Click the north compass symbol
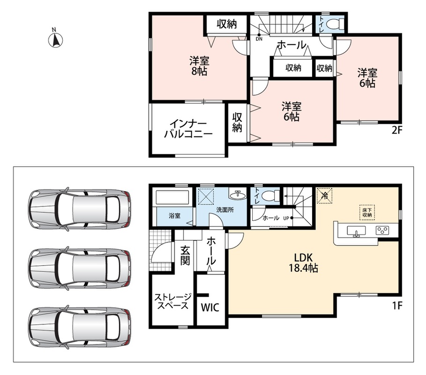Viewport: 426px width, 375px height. point(55,40)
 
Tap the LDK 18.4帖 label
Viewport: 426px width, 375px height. point(303,262)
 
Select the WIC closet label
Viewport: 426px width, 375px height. point(210,307)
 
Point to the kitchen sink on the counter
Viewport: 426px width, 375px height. point(356,232)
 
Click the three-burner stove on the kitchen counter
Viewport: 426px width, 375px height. point(382,231)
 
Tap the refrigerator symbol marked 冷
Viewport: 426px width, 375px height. point(324,195)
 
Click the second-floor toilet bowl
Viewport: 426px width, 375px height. point(335,24)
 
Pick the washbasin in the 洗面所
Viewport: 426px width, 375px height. point(237,194)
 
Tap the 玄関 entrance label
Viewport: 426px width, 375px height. point(185,255)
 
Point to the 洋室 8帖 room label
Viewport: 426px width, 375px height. point(199,66)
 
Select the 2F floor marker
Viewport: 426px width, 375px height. point(396,130)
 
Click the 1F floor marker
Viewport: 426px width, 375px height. point(396,306)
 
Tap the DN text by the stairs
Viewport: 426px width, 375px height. point(259,39)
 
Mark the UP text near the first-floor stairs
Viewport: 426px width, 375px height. point(286,218)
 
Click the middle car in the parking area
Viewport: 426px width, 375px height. point(80,269)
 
